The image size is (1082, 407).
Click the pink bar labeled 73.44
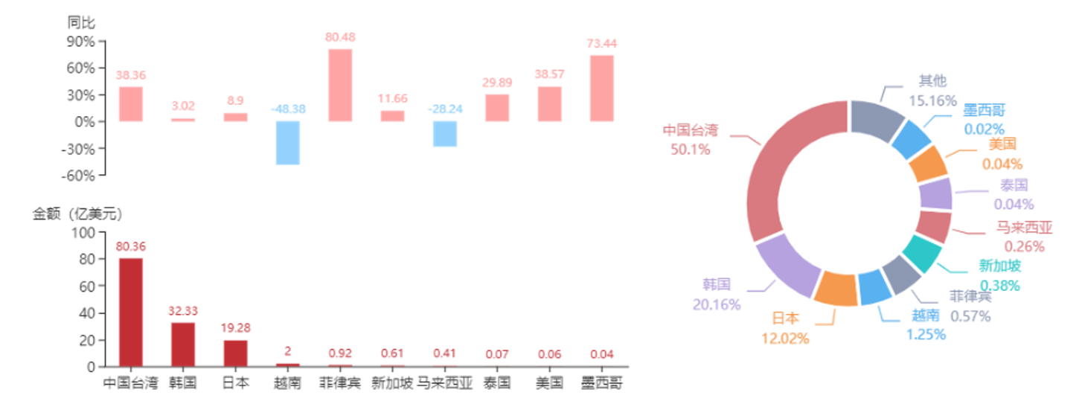pyautogui.click(x=602, y=88)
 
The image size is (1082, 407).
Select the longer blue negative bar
pyautogui.click(x=288, y=142)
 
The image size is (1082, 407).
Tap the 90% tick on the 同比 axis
pyautogui.click(x=81, y=41)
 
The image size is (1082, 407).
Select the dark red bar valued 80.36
pyautogui.click(x=130, y=311)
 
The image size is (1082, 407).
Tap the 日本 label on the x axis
pyautogui.click(x=236, y=384)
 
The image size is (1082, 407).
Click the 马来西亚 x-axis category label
pyautogui.click(x=444, y=384)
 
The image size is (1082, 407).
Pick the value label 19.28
pyautogui.click(x=235, y=328)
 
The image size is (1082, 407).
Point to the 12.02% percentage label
pyautogui.click(x=784, y=338)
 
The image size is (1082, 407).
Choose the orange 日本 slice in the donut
pyautogui.click(x=836, y=289)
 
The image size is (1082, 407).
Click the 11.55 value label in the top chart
pyautogui.click(x=392, y=99)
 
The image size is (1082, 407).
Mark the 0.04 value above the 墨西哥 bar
pyautogui.click(x=602, y=354)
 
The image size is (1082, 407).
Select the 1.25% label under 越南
pyautogui.click(x=926, y=335)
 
